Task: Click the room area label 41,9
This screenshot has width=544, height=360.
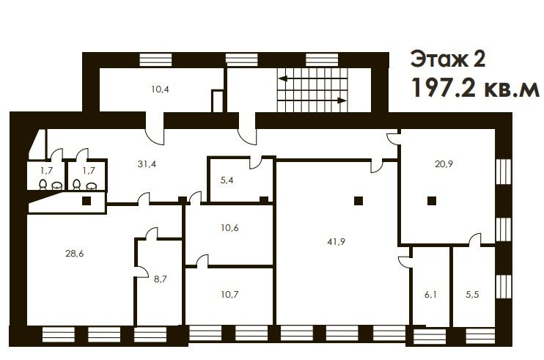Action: point(337,242)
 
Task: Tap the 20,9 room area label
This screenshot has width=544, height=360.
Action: point(444,164)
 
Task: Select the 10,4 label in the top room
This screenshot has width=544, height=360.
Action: point(160,89)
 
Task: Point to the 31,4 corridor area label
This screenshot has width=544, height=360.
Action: point(147,164)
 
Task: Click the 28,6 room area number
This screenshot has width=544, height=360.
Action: point(75,254)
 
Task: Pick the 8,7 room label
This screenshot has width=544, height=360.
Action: point(161,279)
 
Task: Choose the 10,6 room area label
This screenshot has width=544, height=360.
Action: point(229,228)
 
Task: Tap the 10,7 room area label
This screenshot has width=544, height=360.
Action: point(229,295)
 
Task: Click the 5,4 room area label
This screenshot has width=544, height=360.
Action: point(227,180)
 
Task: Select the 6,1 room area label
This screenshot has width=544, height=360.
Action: point(430,295)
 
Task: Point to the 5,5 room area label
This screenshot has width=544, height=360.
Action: point(472,295)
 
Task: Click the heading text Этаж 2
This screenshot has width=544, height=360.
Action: point(448,59)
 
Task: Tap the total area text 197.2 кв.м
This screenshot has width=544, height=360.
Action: point(475,88)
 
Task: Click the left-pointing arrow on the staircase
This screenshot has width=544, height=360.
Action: point(312,78)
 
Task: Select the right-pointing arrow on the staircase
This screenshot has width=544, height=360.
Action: point(312,100)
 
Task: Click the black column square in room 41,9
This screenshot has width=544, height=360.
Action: point(359,201)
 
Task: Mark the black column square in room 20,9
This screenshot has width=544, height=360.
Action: point(432,201)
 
